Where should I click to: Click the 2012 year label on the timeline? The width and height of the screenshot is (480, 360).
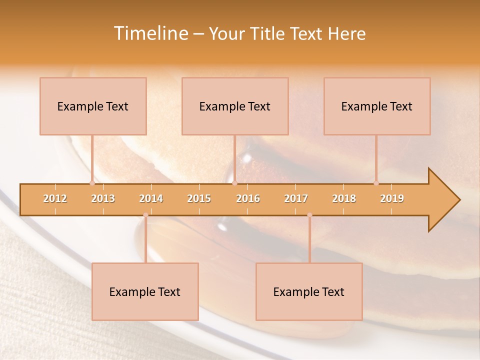[x=55, y=198]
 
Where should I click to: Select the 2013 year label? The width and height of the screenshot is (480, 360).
[x=103, y=198]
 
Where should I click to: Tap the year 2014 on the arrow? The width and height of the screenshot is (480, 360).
[x=151, y=198]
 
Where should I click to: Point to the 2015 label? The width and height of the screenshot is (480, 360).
[x=199, y=198]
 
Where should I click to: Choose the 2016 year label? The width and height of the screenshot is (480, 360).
[x=248, y=198]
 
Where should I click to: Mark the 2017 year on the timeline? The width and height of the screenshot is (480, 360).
[x=296, y=198]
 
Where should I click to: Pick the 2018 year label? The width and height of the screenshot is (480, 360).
[x=344, y=198]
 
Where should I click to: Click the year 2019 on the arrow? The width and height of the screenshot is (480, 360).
[x=392, y=198]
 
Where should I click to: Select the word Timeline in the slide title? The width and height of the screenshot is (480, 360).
[x=149, y=33]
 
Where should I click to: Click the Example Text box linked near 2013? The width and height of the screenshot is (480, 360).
[x=93, y=106]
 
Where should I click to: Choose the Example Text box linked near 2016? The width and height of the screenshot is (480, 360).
[x=235, y=106]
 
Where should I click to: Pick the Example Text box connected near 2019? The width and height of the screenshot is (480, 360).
[x=377, y=106]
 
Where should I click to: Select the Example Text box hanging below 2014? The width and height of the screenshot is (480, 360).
[x=145, y=291]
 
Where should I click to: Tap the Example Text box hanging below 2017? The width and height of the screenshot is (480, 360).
[x=309, y=291]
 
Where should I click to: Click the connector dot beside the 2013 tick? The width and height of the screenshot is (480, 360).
[x=92, y=183]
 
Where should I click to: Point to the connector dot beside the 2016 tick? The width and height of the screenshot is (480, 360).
[x=234, y=183]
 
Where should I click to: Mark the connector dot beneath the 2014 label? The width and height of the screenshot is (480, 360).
[x=145, y=215]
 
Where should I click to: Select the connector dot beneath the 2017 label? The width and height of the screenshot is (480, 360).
[x=309, y=215]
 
